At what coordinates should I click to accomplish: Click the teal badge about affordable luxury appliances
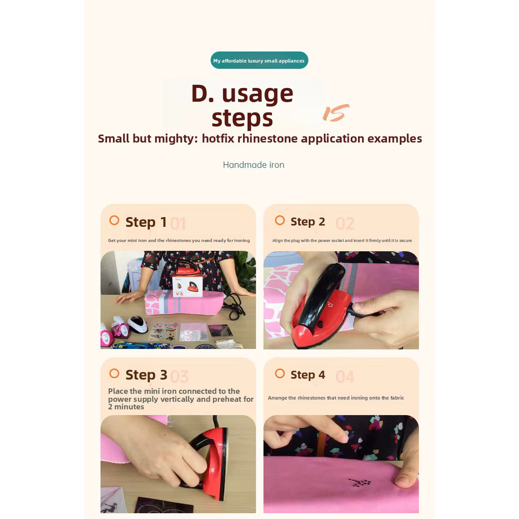pos(259,60)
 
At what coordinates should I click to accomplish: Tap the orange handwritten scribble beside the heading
pos(335,112)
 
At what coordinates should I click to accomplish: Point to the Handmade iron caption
pos(254,165)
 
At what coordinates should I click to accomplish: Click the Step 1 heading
pos(146,222)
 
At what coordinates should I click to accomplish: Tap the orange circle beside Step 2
pos(280,220)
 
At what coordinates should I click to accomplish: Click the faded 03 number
pos(180,377)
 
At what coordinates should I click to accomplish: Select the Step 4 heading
pos(308,375)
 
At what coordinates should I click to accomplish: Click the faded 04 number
pos(345,377)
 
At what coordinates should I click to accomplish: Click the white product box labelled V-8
pos(187,285)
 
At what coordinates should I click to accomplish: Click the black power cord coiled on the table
pos(235,304)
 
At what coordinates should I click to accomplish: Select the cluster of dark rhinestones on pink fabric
pos(360,482)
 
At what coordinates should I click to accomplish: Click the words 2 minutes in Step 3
pos(126,407)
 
